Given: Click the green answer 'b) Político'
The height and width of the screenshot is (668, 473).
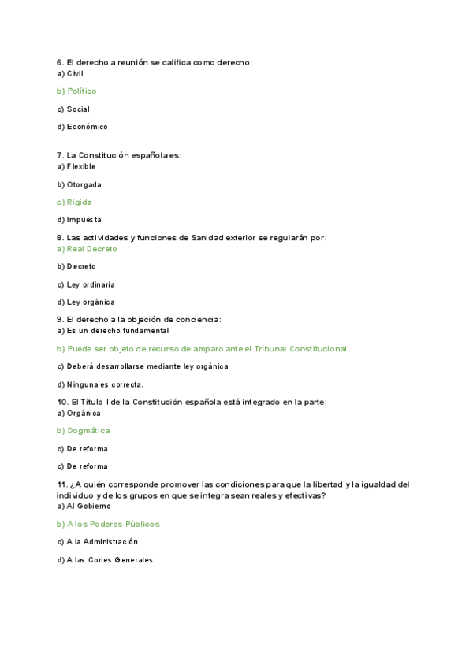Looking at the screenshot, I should [76, 91].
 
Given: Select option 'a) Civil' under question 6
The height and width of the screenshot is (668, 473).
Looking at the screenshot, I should [70, 73].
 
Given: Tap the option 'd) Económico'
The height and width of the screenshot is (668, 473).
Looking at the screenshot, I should [82, 127].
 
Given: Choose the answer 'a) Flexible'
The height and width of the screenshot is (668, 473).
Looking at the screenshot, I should [76, 167].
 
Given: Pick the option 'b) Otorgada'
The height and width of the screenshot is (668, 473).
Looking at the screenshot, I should [79, 185].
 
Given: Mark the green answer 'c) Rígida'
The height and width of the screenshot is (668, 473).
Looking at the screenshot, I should [74, 202].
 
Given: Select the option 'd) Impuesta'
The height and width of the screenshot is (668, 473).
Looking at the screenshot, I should [79, 220].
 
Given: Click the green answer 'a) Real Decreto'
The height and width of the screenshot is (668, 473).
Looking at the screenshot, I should [87, 249].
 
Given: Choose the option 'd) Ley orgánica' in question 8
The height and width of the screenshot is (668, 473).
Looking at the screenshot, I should [85, 302].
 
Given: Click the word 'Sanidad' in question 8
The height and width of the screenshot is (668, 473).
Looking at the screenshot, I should [208, 237].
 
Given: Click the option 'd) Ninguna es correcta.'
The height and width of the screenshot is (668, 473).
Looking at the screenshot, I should [100, 384].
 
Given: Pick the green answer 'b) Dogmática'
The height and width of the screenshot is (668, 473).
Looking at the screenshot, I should [83, 431].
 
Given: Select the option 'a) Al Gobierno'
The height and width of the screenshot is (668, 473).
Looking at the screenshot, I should [84, 506].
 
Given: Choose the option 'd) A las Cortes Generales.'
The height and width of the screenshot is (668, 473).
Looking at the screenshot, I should [106, 560].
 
